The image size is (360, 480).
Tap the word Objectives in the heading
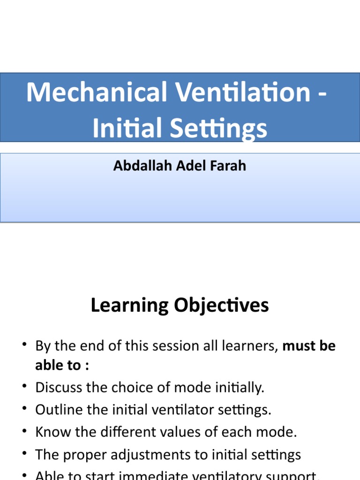[220, 306]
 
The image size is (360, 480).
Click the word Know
[51, 432]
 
